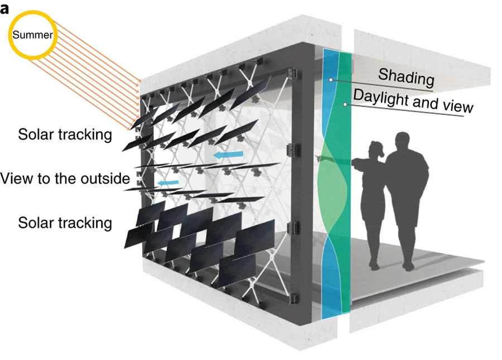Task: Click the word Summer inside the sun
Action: point(33,35)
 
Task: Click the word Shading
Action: point(406,77)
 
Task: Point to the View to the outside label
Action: point(65,179)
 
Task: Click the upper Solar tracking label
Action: point(65,135)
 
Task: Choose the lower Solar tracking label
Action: point(65,223)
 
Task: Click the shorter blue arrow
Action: point(167,183)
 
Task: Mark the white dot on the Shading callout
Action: point(331,80)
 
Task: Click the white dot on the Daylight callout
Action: point(345,104)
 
